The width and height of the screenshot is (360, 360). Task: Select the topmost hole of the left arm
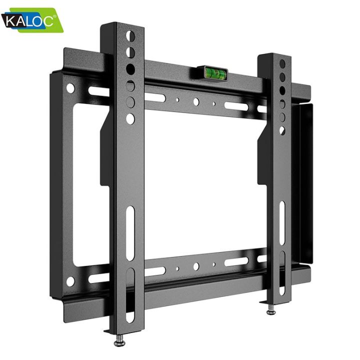pos(130,36)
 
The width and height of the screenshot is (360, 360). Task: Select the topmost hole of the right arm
pos(282,64)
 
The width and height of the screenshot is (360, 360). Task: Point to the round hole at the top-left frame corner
pos(70,88)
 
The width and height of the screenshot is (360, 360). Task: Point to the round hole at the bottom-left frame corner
pos(70,281)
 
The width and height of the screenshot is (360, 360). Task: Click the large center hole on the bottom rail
pos(196,266)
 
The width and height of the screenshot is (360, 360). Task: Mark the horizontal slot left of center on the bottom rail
pos(155,271)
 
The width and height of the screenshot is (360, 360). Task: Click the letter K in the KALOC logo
pos(10,22)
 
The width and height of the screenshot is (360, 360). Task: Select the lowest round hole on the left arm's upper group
pos(130,118)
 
